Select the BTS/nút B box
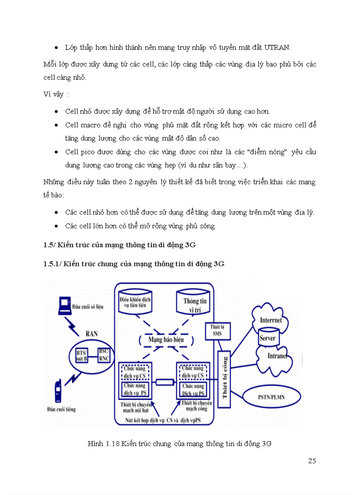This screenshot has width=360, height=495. (x=81, y=355)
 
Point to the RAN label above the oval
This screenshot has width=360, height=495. (x=91, y=334)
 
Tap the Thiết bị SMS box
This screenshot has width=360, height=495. (x=216, y=331)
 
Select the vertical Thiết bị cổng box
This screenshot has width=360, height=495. (x=225, y=377)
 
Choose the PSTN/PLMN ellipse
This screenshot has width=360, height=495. (x=271, y=397)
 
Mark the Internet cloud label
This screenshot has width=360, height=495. (x=270, y=320)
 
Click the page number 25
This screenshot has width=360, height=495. (x=312, y=461)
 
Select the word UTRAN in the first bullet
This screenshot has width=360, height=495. (x=280, y=47)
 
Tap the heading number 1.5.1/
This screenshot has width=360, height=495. (x=52, y=264)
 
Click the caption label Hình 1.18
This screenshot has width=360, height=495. (x=104, y=444)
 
